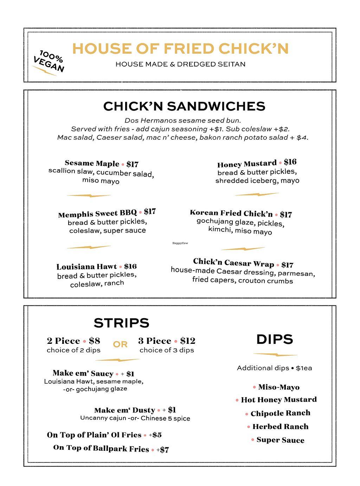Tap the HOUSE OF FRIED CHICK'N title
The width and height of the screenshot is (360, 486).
[180, 49]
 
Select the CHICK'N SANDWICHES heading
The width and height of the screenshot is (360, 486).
[184, 106]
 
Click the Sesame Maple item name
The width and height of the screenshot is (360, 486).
[92, 163]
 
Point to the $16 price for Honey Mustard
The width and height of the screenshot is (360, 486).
[290, 162]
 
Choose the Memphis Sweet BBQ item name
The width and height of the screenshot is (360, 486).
[97, 214]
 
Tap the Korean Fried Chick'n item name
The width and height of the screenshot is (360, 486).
[231, 213]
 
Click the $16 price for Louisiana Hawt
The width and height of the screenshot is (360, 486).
[130, 266]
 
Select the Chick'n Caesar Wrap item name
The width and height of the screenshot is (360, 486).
[233, 263]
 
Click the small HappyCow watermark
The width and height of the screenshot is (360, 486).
[180, 243]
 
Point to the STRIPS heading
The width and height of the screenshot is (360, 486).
[122, 323]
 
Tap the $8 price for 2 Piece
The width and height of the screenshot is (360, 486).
[95, 341]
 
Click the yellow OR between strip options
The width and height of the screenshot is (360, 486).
[120, 345]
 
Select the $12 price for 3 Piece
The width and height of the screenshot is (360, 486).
[188, 341]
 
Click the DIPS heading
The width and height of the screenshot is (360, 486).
[275, 339]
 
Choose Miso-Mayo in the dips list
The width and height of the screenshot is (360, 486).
[279, 387]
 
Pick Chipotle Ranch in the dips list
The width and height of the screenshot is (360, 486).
[280, 413]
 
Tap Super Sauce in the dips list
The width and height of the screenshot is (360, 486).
[280, 440]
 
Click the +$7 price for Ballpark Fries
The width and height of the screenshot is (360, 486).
[163, 450]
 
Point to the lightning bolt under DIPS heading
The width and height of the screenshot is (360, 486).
[275, 354]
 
